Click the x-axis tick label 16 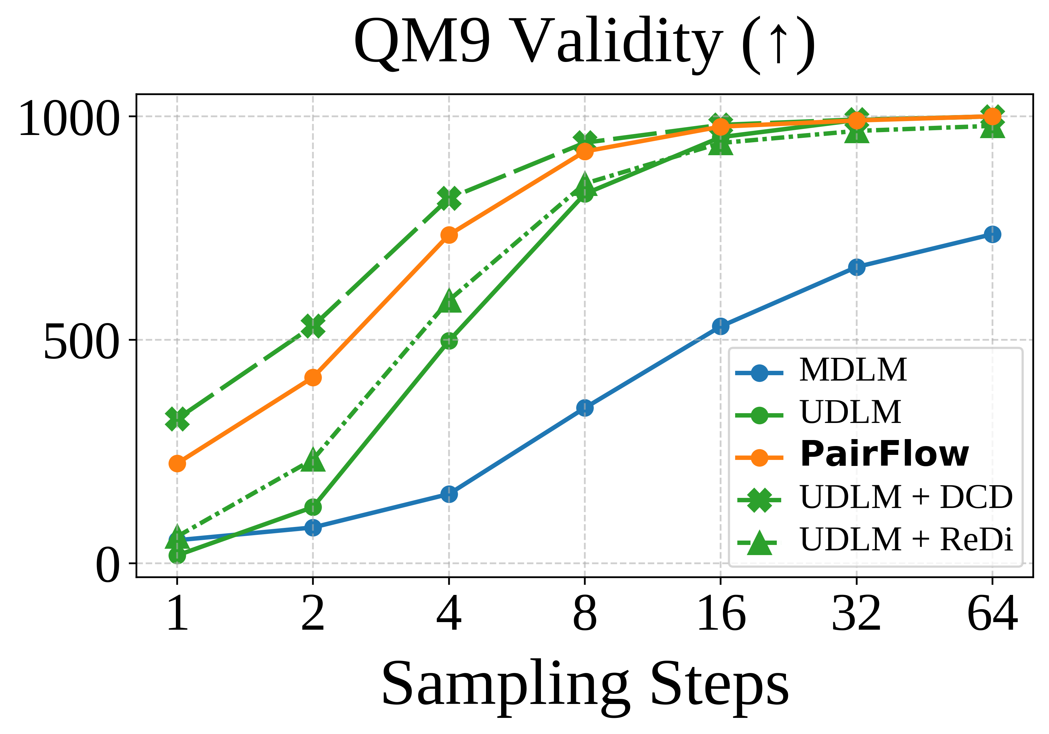pyautogui.click(x=721, y=614)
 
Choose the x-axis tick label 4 pyautogui.click(x=449, y=614)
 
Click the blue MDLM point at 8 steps pyautogui.click(x=585, y=407)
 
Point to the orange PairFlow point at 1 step pyautogui.click(x=177, y=464)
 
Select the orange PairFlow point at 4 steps pyautogui.click(x=449, y=235)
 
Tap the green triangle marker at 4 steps pyautogui.click(x=449, y=301)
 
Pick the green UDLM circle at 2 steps pyautogui.click(x=313, y=507)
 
